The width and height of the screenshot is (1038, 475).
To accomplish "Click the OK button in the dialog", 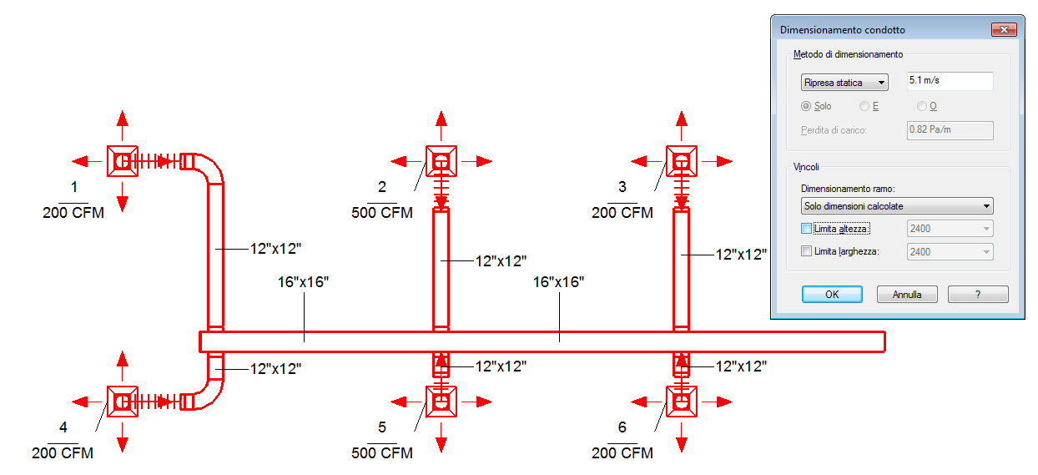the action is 832,295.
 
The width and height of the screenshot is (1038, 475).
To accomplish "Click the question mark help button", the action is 978,295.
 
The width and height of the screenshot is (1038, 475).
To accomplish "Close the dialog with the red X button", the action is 1004,30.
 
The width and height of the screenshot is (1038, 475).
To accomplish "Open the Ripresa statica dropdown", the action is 844,83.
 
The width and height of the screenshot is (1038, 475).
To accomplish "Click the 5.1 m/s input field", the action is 950,81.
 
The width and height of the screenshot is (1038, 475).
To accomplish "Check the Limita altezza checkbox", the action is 806,229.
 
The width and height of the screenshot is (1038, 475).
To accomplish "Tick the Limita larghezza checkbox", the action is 806,251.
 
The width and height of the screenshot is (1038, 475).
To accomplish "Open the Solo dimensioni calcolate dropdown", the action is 897,205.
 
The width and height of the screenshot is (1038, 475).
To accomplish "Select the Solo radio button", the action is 806,106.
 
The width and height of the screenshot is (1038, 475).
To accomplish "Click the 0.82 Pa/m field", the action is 950,130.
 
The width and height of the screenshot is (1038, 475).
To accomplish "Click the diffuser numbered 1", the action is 123,161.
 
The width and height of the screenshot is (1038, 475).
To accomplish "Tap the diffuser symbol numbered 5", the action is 441,402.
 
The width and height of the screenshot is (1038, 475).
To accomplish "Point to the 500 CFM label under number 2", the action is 382,213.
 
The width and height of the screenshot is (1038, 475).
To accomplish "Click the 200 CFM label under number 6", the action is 622,452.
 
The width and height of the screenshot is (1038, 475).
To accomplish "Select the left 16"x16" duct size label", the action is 303,282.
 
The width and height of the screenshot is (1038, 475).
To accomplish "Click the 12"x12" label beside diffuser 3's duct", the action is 741,255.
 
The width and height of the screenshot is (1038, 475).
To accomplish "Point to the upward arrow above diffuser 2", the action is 441,125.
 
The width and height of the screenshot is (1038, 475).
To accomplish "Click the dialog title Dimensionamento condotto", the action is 843,30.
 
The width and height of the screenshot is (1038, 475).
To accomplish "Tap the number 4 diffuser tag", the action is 63,427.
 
